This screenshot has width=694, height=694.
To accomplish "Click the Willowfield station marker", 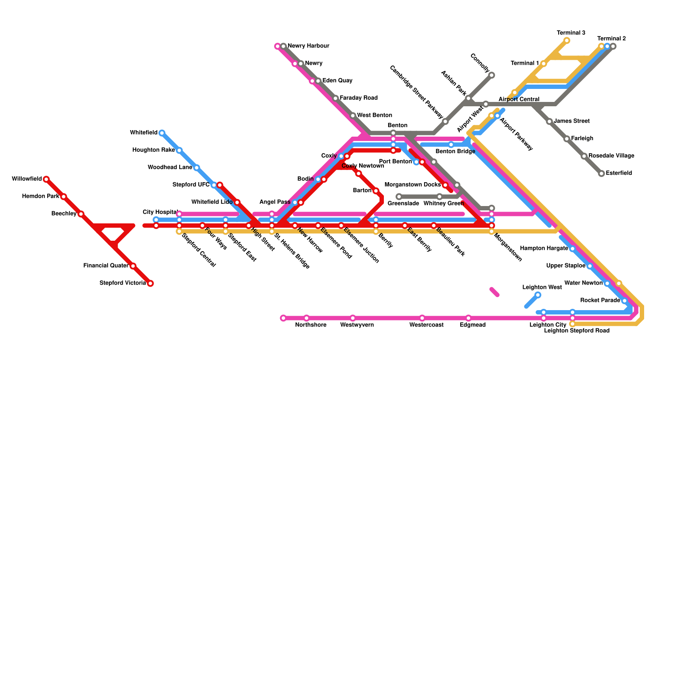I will [x=46, y=179].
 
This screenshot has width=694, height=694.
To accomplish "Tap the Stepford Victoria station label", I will [x=123, y=283].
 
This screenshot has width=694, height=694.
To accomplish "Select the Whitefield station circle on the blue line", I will [x=162, y=133].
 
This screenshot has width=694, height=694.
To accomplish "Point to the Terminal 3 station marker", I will [x=566, y=41].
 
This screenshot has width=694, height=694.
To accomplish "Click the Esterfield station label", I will [x=619, y=173].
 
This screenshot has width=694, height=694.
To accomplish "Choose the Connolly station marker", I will [x=491, y=75].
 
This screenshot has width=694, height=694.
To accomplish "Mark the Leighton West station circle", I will [x=538, y=295].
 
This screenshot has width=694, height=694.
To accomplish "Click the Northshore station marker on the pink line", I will [x=307, y=318].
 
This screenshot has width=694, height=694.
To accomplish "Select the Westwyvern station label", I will [x=357, y=325].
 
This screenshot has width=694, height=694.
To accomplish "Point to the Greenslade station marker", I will [x=399, y=196].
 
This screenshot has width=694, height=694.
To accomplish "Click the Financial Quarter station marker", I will [x=133, y=266].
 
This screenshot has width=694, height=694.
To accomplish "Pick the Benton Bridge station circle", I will [x=451, y=145].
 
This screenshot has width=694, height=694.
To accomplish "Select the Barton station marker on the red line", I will [x=376, y=191].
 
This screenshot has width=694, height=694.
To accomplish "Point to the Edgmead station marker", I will [x=468, y=318].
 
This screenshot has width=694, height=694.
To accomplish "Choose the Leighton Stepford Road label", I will [x=576, y=331].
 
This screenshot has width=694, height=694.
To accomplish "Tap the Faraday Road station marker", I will [x=335, y=98].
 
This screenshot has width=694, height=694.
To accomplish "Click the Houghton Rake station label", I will [x=154, y=150].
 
